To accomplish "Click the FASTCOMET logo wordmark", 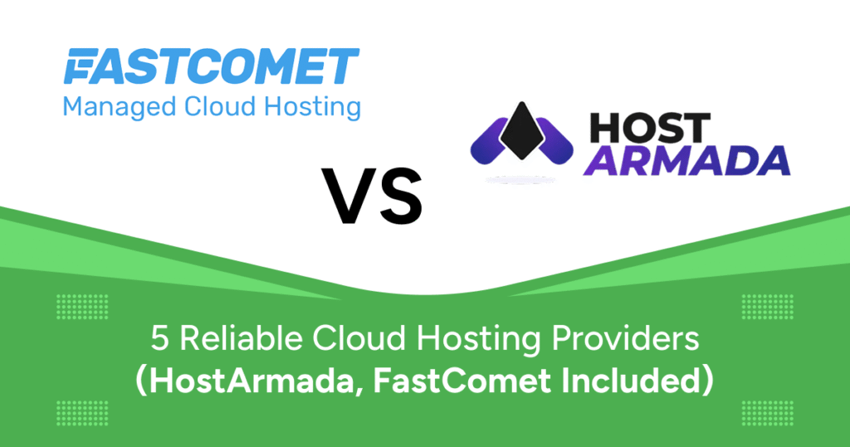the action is pyautogui.click(x=212, y=66).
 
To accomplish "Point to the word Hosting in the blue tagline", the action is pyautogui.click(x=312, y=107).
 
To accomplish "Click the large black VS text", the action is pyautogui.click(x=372, y=196).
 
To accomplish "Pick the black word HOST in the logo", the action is pyautogui.click(x=649, y=128).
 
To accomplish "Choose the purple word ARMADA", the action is pyautogui.click(x=689, y=160).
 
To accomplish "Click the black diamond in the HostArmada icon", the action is pyautogui.click(x=521, y=130).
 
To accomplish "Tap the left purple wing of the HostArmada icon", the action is pyautogui.click(x=489, y=141).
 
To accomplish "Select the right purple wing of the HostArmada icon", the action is pyautogui.click(x=554, y=141).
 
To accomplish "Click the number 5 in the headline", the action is pyautogui.click(x=160, y=339).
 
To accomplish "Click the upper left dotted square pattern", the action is pyautogui.click(x=82, y=307).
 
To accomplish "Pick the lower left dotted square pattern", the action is pyautogui.click(x=82, y=414).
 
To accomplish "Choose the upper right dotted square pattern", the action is pyautogui.click(x=767, y=307).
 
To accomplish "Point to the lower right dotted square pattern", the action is pyautogui.click(x=767, y=414).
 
